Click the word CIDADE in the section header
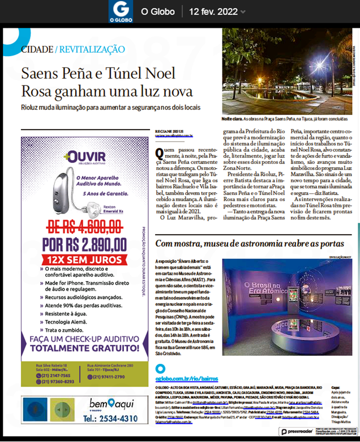click(37, 49)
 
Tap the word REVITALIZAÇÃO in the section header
click(91, 49)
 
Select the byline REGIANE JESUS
click(168, 131)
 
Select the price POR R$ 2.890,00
click(83, 245)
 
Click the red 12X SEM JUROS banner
click(83, 261)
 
